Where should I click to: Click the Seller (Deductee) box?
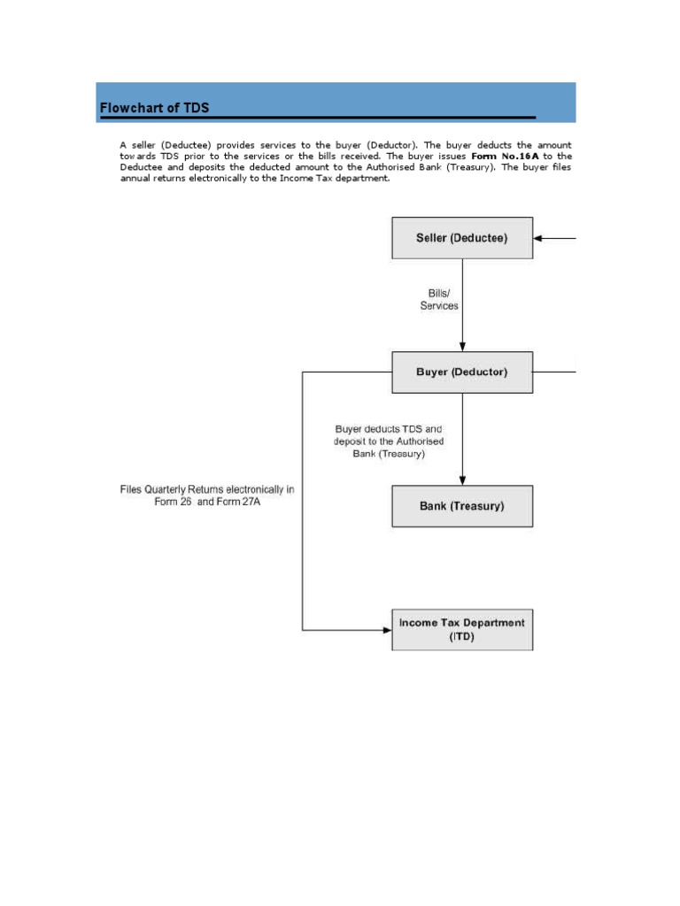point(462,238)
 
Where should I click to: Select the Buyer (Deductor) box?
point(462,372)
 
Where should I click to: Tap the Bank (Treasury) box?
point(462,506)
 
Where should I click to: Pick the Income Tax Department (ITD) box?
point(462,629)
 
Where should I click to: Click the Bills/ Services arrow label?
point(439,299)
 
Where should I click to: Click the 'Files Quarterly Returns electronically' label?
point(207,495)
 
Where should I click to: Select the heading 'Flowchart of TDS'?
point(155,108)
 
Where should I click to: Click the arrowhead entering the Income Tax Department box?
point(387,630)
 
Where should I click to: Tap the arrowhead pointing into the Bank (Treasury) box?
point(462,480)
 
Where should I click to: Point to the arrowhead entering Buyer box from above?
point(462,347)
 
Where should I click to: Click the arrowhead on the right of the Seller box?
point(539,238)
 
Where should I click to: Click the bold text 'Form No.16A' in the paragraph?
point(498,156)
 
